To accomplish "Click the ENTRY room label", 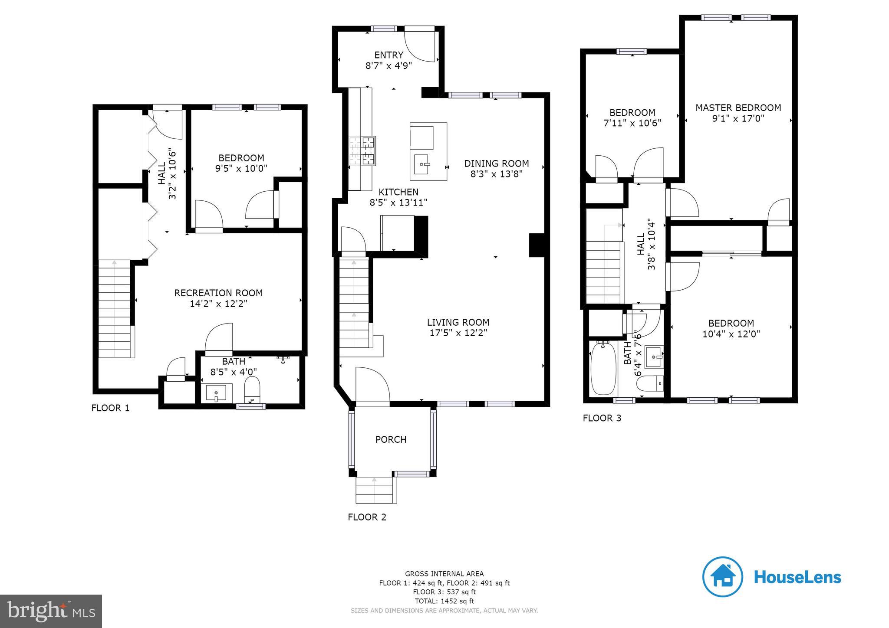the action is click(x=389, y=55).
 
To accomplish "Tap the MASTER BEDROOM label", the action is click(x=738, y=108).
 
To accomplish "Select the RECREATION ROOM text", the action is click(x=218, y=293).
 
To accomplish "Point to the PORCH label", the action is click(x=391, y=439).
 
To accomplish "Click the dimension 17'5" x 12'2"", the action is click(x=458, y=333).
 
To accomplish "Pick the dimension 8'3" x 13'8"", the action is click(x=496, y=174).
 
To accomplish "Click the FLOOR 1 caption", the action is click(x=110, y=408).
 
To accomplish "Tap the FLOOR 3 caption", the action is click(x=602, y=418).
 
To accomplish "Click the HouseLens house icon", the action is click(x=723, y=577).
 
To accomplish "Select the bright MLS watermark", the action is click(x=51, y=611).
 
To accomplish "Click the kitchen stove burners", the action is click(x=362, y=150).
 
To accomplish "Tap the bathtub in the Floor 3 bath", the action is click(x=603, y=368).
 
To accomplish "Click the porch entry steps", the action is click(x=376, y=490).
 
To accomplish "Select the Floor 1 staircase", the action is click(x=115, y=309).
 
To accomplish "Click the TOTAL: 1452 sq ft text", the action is click(x=444, y=601).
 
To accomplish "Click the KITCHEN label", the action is click(x=398, y=192).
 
